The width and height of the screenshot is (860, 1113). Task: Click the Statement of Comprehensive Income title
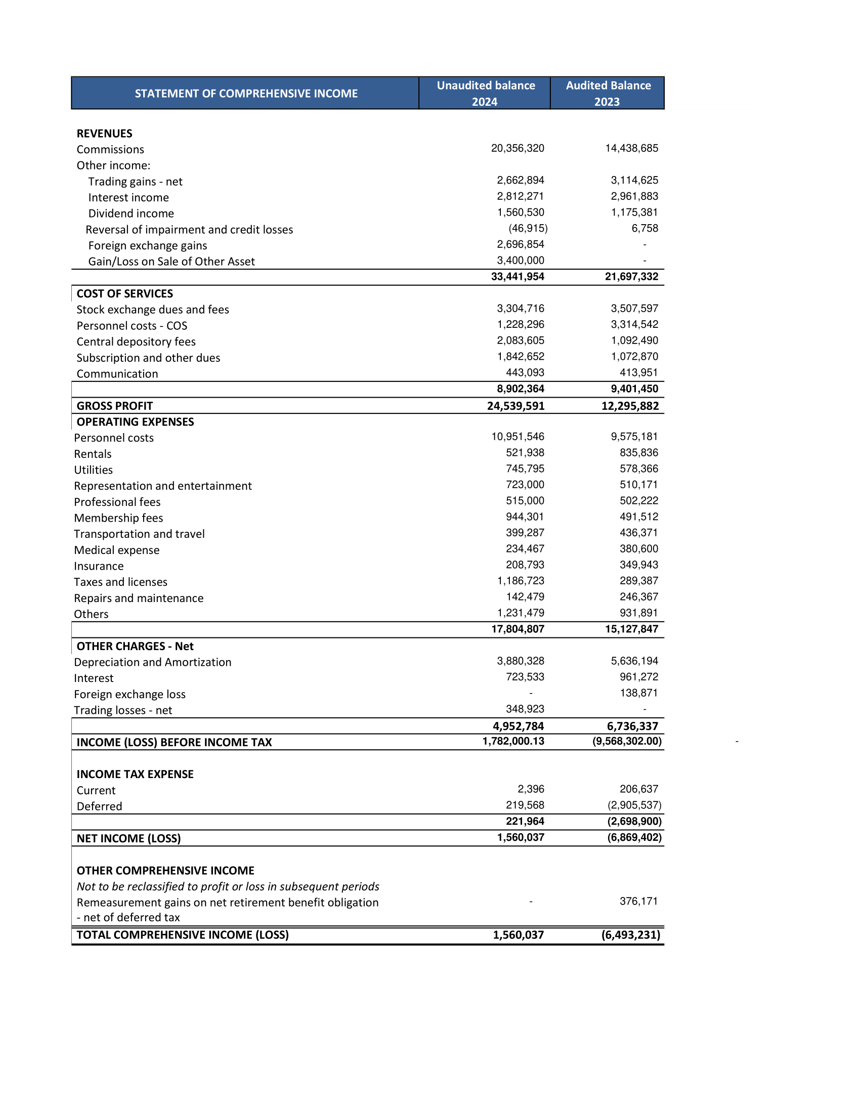246,93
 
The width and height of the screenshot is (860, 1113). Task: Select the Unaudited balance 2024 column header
485,93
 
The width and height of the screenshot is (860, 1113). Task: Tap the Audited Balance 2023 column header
608,93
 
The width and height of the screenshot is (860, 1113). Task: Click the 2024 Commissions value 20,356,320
517,148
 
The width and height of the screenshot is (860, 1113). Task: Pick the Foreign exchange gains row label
147,246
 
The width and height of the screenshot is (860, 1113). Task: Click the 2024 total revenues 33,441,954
517,277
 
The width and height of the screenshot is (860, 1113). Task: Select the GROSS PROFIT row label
115,406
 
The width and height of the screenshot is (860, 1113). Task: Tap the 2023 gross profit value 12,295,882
630,406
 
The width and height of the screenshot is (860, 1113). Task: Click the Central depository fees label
136,341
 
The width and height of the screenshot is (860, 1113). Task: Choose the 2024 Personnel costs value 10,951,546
517,437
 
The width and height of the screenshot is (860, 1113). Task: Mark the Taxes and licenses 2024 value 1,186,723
520,581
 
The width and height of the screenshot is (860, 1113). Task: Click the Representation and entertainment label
162,486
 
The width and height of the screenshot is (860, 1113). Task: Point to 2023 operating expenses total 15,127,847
631,629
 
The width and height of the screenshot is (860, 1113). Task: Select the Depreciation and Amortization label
152,662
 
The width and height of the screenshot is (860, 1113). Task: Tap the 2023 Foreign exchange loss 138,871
638,693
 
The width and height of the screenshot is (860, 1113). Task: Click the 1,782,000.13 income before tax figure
513,741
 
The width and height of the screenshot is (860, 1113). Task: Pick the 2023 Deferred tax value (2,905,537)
634,805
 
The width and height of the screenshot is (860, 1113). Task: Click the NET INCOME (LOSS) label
128,838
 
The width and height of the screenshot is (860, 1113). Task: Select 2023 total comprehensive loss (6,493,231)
630,934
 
